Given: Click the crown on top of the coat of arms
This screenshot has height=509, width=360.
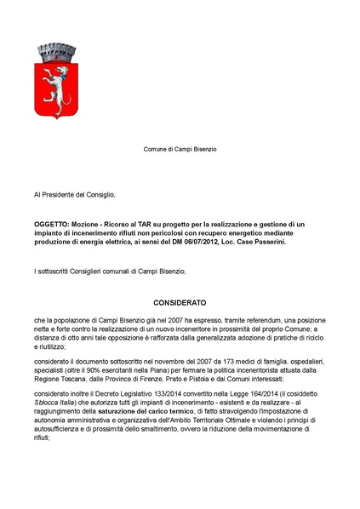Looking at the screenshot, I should tap(53, 50).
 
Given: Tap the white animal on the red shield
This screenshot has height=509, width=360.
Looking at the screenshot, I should tap(53, 80).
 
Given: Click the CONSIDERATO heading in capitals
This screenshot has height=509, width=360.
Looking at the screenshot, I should tap(180, 301).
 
